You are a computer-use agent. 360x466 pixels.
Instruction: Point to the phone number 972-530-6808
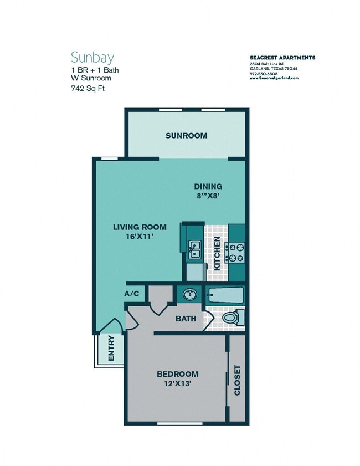(264, 74)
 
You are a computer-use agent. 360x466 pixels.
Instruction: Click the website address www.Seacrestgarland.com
(274, 79)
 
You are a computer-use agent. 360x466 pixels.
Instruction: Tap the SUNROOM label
(186, 136)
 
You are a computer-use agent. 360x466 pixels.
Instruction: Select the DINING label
(208, 186)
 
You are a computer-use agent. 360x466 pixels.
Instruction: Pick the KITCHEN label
(218, 253)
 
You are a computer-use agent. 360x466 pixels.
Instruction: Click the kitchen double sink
(194, 250)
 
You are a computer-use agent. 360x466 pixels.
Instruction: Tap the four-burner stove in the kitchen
(238, 252)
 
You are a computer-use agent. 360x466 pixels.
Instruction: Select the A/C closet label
(132, 294)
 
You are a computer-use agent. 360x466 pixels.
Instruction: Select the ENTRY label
(111, 349)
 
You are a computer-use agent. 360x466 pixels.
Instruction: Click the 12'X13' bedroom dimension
(177, 383)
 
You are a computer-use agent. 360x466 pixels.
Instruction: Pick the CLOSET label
(238, 380)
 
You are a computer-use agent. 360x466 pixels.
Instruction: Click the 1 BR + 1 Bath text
(95, 70)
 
